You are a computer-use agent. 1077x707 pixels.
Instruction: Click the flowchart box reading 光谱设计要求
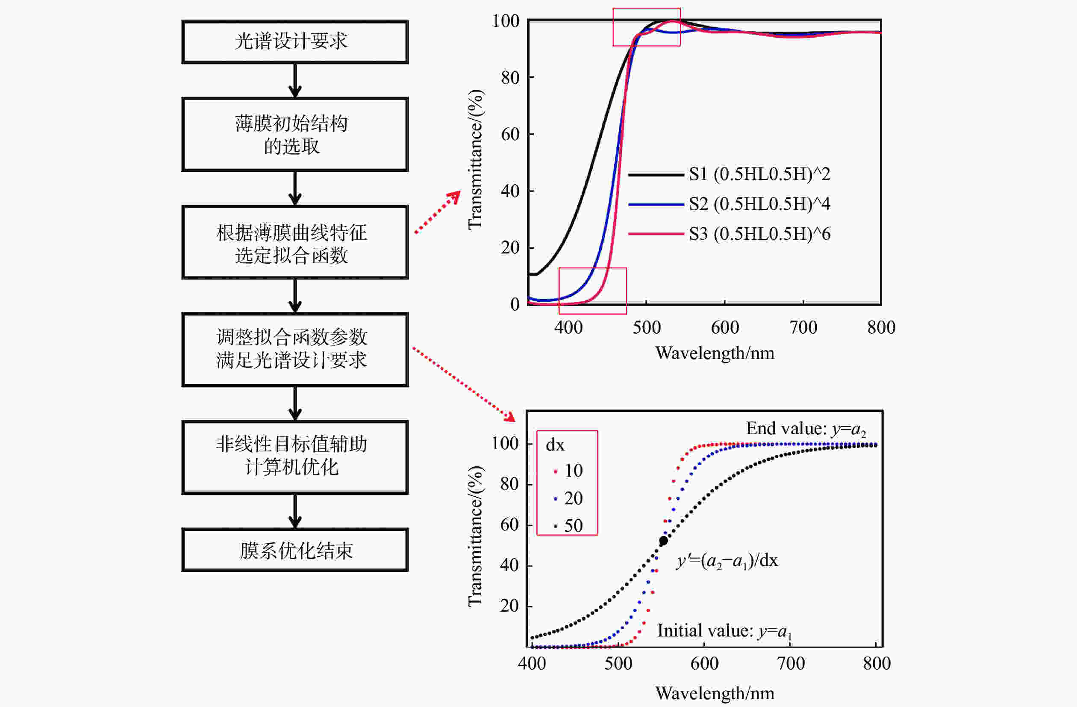tap(295, 41)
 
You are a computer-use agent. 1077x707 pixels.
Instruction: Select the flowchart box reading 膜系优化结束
tap(295, 550)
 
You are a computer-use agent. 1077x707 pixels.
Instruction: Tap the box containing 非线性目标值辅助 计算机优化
tap(295, 457)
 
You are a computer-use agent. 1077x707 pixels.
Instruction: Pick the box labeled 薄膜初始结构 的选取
tap(295, 134)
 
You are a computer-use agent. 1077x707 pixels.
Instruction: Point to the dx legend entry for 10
tap(568, 471)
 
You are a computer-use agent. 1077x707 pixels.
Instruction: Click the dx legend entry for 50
tap(568, 526)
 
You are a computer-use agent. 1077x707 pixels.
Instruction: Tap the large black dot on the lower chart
tap(663, 540)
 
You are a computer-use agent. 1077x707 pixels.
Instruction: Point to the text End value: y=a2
tap(806, 429)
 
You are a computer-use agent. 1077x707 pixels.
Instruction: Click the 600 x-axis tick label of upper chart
tap(725, 327)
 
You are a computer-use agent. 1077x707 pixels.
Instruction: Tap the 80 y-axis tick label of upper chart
tap(510, 78)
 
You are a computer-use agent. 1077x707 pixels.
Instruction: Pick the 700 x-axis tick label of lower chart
tap(791, 663)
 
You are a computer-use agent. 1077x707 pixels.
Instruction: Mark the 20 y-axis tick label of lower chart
tap(509, 606)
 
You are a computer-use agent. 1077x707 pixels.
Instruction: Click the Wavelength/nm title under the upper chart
tap(715, 353)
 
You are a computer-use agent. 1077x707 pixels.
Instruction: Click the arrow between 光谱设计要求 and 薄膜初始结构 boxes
tap(295, 80)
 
